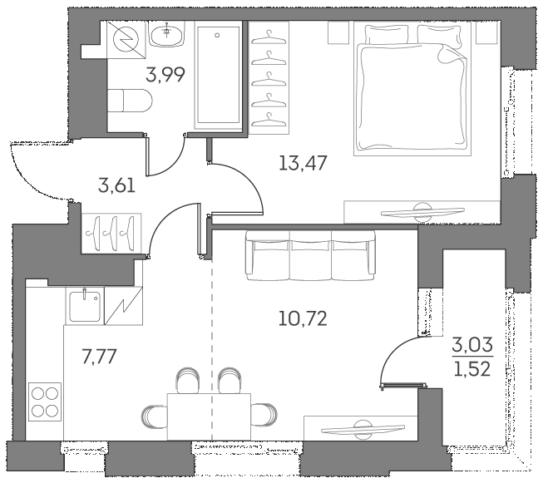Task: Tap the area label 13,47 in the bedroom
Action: (x=303, y=162)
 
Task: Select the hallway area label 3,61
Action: (x=116, y=185)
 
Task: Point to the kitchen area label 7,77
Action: (x=99, y=357)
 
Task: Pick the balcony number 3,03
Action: (x=469, y=344)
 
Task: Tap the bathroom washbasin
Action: (x=169, y=34)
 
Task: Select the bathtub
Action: (x=219, y=76)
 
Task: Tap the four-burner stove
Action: (x=44, y=401)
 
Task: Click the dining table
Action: (x=209, y=414)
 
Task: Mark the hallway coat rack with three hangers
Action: (x=111, y=228)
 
